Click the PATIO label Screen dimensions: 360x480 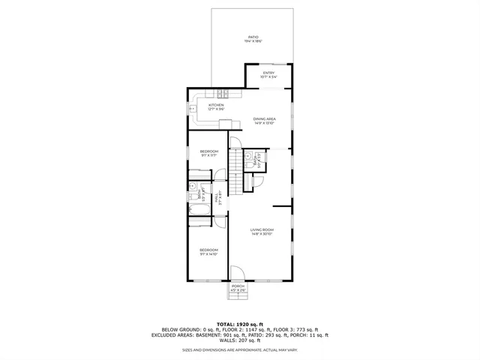coord(253,37)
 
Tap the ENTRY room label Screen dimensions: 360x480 coord(268,73)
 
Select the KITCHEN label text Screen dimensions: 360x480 coord(205,106)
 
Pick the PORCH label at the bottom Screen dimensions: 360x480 coord(238,286)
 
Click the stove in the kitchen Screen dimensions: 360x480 coord(223,94)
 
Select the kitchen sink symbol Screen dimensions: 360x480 coord(192,109)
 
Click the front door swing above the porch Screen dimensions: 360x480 coord(237,274)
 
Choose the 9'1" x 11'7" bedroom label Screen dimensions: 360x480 coord(208,153)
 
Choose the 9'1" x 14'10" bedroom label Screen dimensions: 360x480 coord(208,251)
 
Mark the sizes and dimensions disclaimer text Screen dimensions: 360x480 coord(240,350)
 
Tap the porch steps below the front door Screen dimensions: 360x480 coord(238,296)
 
